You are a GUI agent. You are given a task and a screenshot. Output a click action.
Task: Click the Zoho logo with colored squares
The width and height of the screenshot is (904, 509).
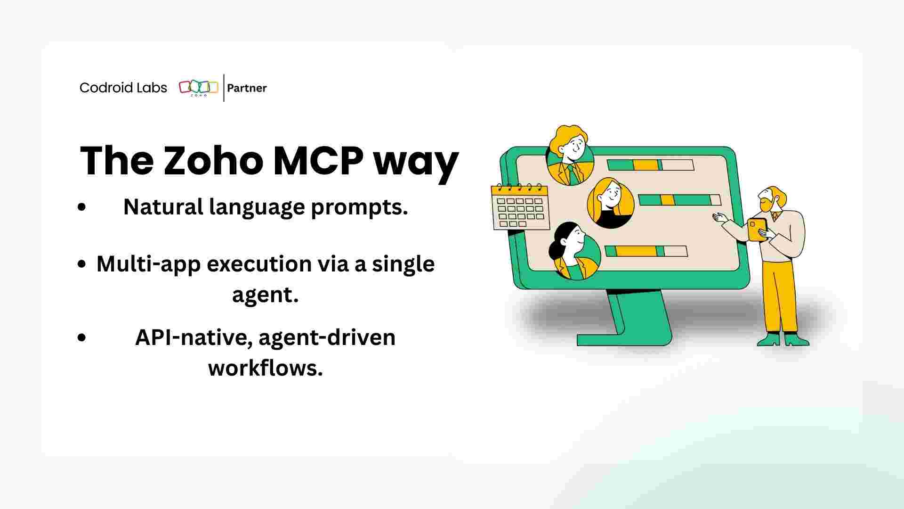(198, 88)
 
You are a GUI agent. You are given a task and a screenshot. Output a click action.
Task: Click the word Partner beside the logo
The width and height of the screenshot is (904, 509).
(247, 88)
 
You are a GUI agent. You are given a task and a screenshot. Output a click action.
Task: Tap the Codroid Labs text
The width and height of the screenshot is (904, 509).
(123, 88)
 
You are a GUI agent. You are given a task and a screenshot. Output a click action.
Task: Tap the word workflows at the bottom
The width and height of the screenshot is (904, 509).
(265, 368)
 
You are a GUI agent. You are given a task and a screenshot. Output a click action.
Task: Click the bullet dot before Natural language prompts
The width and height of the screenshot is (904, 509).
(82, 207)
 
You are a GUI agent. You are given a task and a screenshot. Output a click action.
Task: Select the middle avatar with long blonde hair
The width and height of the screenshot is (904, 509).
(610, 203)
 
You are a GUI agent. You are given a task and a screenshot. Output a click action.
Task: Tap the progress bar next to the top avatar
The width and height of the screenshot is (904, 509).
(650, 165)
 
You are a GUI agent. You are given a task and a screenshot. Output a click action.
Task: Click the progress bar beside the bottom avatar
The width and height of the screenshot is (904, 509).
(646, 251)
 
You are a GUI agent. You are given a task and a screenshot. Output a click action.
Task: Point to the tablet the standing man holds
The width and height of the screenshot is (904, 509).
(757, 229)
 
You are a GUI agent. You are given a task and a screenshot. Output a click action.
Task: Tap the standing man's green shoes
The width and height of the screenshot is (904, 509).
(782, 340)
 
